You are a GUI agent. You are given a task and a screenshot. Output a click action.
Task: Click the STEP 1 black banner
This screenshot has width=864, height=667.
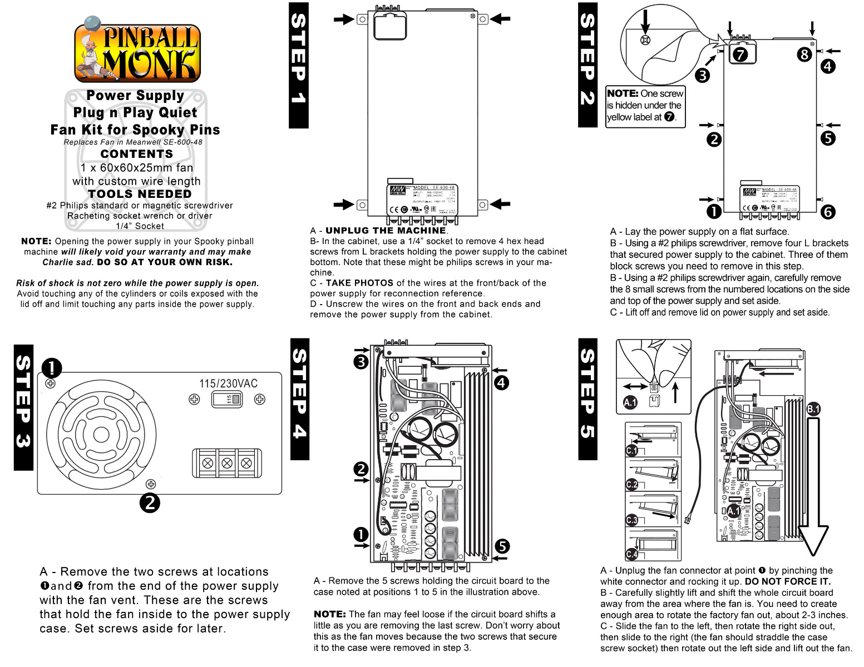[298, 65]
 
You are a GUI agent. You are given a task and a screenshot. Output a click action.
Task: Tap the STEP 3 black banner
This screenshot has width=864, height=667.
[23, 407]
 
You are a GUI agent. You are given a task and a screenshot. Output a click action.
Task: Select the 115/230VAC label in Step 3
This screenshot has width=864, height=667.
[228, 384]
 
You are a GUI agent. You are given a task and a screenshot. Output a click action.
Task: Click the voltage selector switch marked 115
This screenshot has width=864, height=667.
[227, 399]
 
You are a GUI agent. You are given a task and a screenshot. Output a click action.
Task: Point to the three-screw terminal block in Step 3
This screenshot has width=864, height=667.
[227, 463]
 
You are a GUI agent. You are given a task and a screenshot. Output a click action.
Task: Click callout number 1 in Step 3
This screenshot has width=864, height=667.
[52, 367]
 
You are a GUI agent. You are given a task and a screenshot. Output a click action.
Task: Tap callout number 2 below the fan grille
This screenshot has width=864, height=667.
[150, 503]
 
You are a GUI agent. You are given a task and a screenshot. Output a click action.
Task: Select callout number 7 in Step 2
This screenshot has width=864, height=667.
[739, 54]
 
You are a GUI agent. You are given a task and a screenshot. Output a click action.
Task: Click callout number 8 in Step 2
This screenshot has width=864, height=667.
[804, 54]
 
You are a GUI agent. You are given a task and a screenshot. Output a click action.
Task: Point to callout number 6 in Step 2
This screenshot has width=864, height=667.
[828, 212]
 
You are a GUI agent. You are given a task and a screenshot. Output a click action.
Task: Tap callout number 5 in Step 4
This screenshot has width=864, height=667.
[502, 546]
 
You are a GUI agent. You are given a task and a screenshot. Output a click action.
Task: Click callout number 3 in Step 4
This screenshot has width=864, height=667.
[361, 362]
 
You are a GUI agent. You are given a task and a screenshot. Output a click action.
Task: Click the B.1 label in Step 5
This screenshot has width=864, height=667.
[813, 409]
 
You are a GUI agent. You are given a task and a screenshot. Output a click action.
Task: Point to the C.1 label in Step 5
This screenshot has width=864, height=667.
[632, 450]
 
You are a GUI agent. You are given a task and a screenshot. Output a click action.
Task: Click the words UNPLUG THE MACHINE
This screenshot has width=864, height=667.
[386, 230]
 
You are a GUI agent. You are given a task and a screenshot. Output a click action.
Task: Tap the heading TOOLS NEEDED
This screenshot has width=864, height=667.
[140, 194]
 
